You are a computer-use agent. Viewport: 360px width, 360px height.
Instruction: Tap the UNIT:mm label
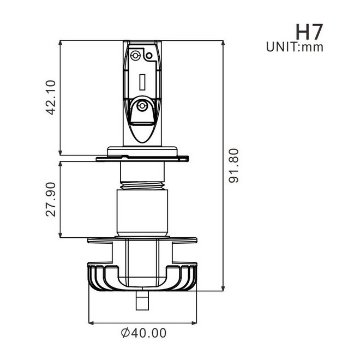(295, 47)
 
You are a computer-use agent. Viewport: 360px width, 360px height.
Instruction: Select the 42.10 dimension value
(51, 98)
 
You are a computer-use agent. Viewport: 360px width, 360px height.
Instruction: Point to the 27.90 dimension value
(51, 200)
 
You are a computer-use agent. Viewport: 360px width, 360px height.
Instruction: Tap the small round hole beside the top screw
(148, 55)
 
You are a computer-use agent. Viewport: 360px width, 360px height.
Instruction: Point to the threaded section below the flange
(141, 185)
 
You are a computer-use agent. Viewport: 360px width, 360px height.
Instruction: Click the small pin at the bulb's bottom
(141, 301)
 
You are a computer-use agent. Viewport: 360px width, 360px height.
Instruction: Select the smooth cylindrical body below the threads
(141, 213)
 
